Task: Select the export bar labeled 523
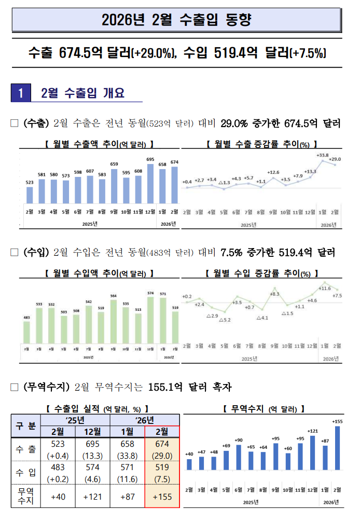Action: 30,195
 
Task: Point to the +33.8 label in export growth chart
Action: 322,155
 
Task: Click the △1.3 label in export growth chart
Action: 224,183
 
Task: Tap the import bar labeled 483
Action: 26,332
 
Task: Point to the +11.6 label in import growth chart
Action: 324,288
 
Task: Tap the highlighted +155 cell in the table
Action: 162,496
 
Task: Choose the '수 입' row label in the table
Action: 25,472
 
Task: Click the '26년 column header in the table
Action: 145,419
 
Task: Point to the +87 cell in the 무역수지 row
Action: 128,496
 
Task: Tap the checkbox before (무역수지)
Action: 15,387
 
